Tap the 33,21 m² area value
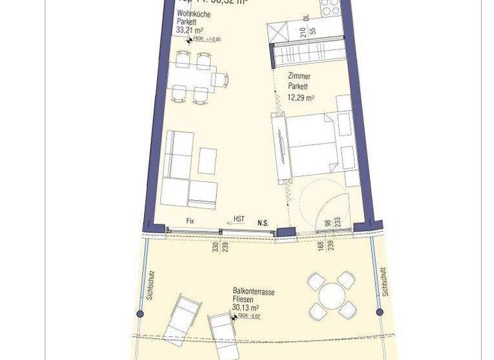190,30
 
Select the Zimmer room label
299,76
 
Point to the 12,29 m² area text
300,98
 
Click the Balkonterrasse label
253,292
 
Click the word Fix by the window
190,221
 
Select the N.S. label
262,223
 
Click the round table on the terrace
332,296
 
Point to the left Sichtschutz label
150,285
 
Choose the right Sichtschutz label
385,282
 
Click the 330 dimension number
215,246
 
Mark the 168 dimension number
320,246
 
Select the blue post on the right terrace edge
380,312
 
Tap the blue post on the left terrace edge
140,314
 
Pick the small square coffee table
207,161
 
